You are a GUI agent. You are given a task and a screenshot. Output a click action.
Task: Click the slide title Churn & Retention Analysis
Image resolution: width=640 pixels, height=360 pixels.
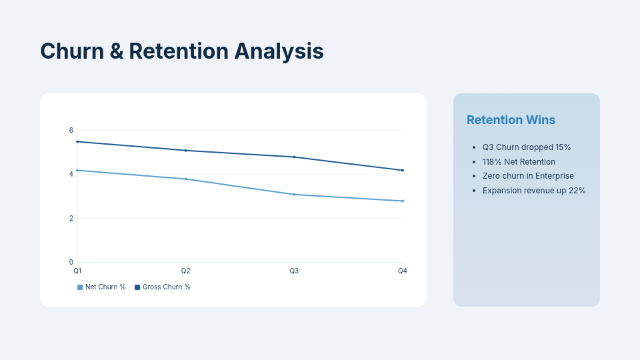(x=181, y=51)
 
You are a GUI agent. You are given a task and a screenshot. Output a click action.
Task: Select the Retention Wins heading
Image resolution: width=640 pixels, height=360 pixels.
(x=511, y=120)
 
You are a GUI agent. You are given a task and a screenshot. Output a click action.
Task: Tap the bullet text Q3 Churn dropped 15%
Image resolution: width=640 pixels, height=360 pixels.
(x=526, y=147)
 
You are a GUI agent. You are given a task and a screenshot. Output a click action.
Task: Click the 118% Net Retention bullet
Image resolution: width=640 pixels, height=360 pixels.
(x=519, y=162)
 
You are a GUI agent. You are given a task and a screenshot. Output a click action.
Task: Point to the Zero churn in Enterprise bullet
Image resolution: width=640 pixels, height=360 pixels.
(x=527, y=176)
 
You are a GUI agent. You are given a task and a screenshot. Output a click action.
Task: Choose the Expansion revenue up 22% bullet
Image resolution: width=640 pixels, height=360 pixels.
(x=533, y=191)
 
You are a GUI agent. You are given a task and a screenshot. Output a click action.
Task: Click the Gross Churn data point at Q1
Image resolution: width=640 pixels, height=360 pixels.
(x=77, y=141)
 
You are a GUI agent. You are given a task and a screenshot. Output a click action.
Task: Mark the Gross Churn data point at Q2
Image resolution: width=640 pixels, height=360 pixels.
(x=186, y=151)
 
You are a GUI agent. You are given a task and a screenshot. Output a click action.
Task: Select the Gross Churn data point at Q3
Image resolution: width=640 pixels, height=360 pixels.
(x=294, y=157)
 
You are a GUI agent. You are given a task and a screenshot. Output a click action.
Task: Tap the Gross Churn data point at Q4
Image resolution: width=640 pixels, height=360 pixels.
(x=403, y=170)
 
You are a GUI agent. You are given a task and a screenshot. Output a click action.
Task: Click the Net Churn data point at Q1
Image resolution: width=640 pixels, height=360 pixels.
(x=77, y=170)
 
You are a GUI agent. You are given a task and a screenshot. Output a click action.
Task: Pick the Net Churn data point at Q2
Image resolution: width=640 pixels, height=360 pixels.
(x=186, y=179)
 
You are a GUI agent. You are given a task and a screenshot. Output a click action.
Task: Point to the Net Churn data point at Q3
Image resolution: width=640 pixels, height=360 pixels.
(x=294, y=195)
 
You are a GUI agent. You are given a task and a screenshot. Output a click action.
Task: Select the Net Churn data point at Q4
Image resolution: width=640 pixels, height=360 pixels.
(x=403, y=201)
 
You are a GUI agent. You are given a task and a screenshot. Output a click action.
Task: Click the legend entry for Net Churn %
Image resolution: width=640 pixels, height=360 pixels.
(x=101, y=287)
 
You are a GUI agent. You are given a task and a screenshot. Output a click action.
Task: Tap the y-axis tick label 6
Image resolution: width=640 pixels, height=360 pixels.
(x=71, y=131)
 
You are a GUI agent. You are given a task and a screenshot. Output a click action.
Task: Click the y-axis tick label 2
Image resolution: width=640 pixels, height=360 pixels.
(x=71, y=219)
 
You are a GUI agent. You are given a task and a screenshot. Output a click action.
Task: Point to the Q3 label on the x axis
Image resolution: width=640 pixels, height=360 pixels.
(x=294, y=271)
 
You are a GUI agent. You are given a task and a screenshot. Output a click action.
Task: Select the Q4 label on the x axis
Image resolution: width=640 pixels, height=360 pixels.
(x=403, y=271)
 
